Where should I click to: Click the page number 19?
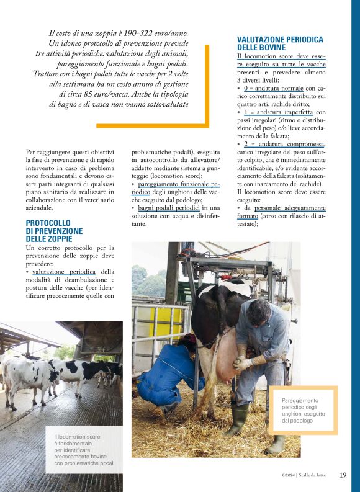click(343, 475)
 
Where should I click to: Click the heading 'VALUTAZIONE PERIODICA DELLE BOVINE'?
click(280, 43)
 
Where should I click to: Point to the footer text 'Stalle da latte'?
click(317, 476)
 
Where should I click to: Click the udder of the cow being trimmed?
click(224, 355)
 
